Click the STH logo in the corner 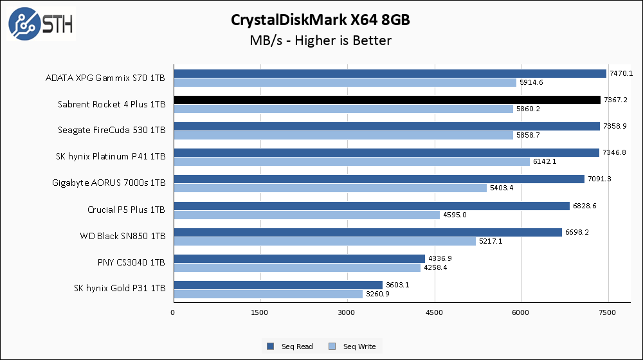41,24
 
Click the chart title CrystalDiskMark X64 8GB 320,20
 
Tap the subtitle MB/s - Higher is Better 320,40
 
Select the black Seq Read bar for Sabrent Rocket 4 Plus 386,100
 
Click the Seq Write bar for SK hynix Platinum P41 351,161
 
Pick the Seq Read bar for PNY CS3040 299,258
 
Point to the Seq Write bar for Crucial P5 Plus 306,215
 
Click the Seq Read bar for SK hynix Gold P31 278,285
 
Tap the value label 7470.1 621,73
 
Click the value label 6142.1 544,161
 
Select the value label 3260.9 377,294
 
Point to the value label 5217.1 490,241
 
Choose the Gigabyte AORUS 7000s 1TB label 109,183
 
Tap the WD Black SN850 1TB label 123,236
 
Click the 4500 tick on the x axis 435,312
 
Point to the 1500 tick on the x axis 260,312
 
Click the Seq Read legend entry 291,346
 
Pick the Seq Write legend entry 353,346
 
